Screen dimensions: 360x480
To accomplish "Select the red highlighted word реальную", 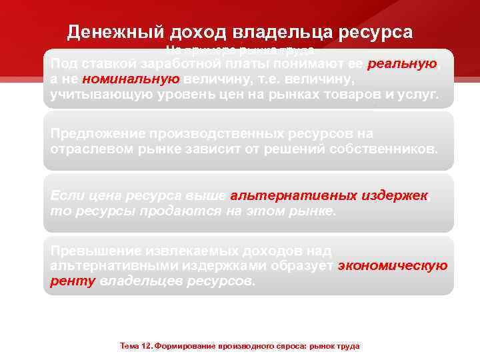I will [x=402, y=64].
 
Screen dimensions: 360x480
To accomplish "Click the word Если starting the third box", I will [x=65, y=196].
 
